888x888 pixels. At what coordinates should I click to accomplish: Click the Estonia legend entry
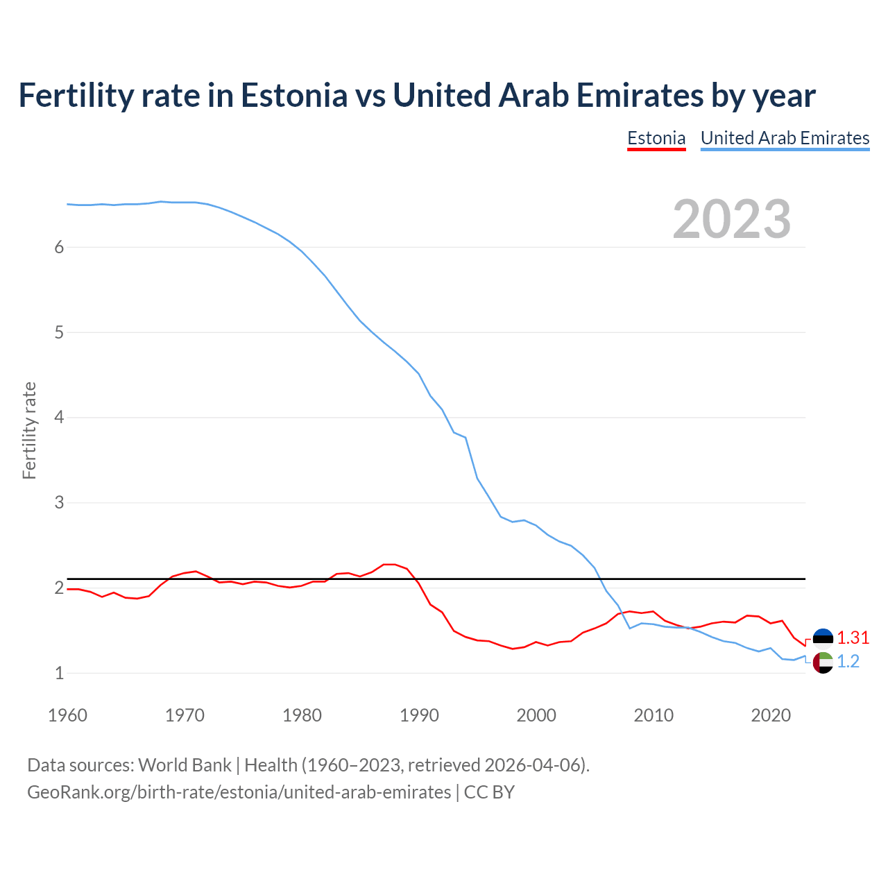(656, 138)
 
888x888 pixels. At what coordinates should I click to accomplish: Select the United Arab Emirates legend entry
(785, 138)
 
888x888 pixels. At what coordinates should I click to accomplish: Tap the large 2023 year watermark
(732, 219)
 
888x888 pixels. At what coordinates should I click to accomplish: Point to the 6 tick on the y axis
(59, 248)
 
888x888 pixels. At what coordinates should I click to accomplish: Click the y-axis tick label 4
(59, 418)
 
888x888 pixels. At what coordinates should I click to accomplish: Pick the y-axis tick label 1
(59, 673)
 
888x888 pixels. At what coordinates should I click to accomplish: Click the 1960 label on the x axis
(67, 715)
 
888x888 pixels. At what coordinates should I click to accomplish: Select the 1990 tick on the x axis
(419, 715)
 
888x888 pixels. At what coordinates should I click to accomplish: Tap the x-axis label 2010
(654, 715)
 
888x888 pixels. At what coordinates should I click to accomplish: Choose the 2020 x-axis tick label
(771, 715)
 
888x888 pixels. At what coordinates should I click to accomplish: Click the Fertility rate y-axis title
(29, 430)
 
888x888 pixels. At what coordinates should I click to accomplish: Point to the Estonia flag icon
(823, 638)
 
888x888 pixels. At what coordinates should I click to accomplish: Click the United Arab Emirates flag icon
(823, 663)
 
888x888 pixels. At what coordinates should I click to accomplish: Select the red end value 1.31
(853, 638)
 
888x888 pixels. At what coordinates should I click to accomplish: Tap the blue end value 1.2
(848, 662)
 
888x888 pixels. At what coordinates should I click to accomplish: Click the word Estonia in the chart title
(293, 95)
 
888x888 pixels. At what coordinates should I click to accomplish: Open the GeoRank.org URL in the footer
(239, 792)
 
